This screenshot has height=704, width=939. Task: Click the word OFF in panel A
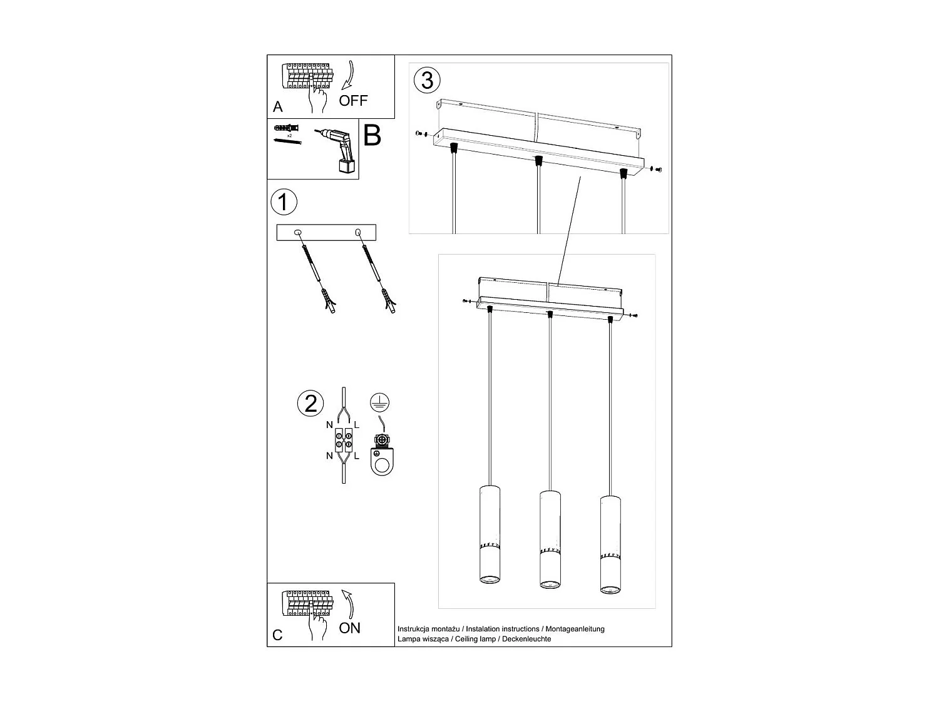click(353, 100)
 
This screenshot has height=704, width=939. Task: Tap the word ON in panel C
click(349, 628)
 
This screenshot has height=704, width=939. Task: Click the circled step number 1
click(284, 203)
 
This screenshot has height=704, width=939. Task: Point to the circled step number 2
click(310, 404)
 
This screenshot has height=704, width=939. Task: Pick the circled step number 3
click(427, 80)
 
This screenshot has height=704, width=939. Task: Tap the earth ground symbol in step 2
click(376, 402)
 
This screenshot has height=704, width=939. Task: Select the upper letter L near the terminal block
click(356, 425)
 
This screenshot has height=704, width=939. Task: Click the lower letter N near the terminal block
click(329, 456)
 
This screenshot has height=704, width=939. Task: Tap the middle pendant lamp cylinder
click(550, 540)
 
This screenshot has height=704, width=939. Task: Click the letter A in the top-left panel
click(278, 107)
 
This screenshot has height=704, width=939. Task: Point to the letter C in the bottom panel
click(278, 635)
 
